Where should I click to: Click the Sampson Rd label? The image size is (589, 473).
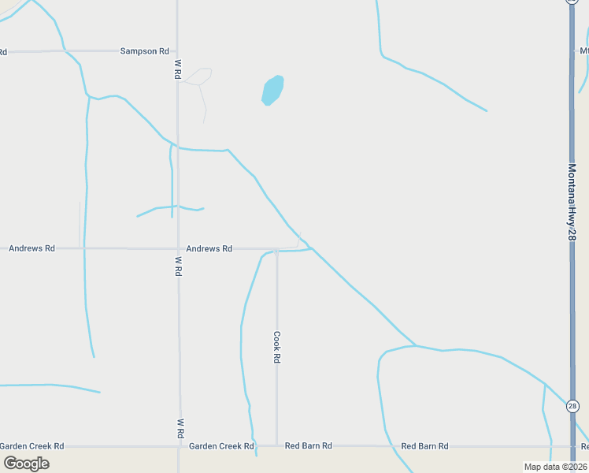tap(144, 51)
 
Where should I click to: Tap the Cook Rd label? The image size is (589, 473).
tap(277, 346)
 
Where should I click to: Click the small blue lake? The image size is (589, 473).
tap(272, 90)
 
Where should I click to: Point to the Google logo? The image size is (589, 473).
tap(27, 463)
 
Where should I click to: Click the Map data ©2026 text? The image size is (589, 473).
tap(555, 467)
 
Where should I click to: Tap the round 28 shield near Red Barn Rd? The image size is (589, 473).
tap(572, 407)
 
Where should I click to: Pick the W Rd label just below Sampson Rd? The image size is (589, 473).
tap(179, 69)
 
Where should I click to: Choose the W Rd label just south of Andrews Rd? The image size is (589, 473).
tap(179, 266)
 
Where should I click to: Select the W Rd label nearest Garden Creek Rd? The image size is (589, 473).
tap(180, 428)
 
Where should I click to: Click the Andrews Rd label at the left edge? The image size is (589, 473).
tap(31, 248)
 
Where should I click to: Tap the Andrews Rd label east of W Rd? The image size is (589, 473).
tap(209, 248)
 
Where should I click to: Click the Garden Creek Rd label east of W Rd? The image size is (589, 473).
tap(221, 446)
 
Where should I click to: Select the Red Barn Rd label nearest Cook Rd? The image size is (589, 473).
tap(308, 446)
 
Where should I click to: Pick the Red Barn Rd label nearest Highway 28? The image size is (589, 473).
tap(424, 446)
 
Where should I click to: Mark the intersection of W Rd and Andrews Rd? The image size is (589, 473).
tap(178, 248)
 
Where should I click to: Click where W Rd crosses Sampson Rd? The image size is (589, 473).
tap(177, 51)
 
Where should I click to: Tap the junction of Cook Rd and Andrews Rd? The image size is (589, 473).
tap(276, 250)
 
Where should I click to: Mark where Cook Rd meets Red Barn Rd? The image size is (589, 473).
tap(276, 445)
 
